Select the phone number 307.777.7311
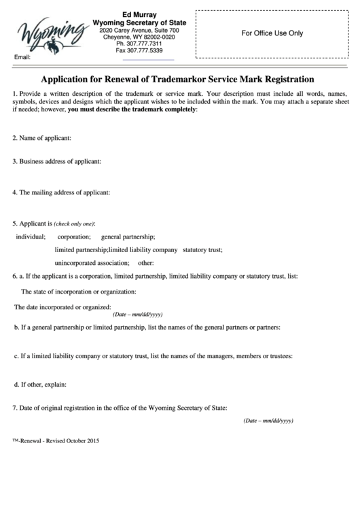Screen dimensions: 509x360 (139, 43)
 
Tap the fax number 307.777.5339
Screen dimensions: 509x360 (139, 50)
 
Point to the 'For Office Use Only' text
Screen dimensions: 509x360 (272, 33)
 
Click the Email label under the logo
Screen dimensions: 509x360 (22, 57)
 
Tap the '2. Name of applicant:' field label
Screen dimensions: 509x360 (41, 138)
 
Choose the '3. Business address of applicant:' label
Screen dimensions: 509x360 (57, 161)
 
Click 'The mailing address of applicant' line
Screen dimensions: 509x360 (61, 192)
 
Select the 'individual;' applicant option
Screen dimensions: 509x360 (31, 236)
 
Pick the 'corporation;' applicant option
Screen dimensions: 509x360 (74, 236)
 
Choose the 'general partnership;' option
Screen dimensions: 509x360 (128, 236)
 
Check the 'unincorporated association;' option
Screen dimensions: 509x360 (92, 262)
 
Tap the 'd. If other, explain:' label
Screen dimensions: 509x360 (40, 384)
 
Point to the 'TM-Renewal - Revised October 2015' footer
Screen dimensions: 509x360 (56, 441)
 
